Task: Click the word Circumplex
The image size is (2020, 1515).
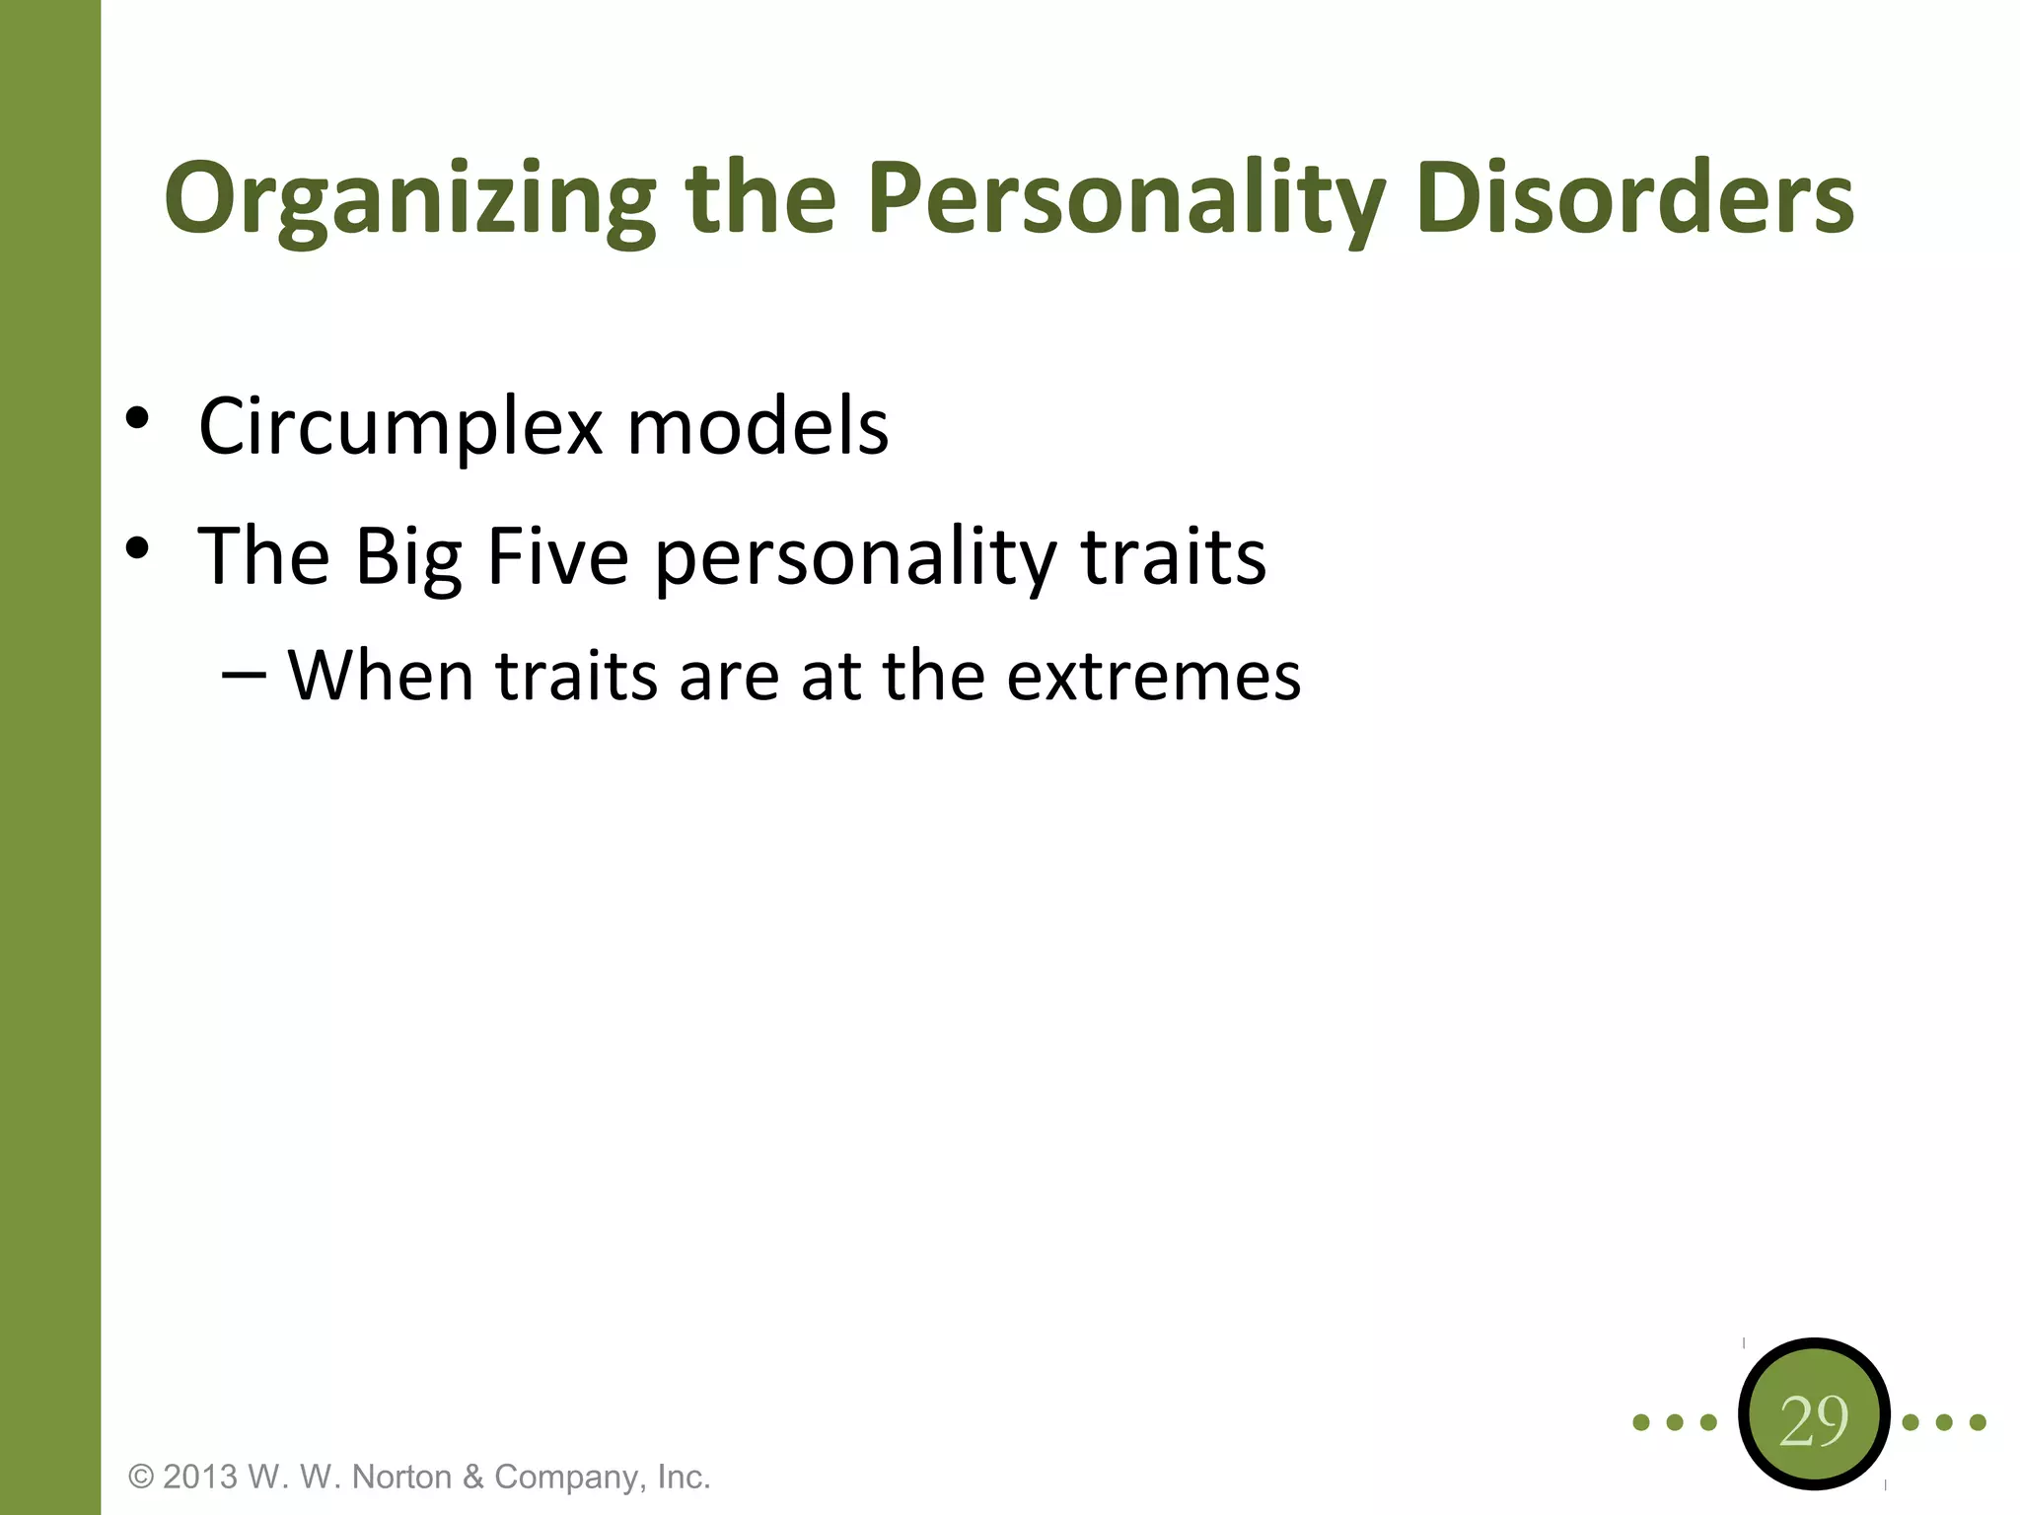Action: (400, 427)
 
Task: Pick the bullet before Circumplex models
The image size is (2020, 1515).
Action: (137, 418)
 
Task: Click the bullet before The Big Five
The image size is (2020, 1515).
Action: (137, 548)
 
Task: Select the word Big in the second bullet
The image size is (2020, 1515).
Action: (408, 558)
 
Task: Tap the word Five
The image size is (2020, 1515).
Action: (557, 556)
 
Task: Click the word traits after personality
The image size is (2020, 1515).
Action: (1173, 556)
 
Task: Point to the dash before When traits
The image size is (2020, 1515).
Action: (244, 675)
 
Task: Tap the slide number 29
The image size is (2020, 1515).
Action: (1813, 1421)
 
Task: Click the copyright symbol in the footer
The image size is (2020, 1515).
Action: (142, 1477)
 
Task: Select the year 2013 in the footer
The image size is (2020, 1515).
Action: (200, 1477)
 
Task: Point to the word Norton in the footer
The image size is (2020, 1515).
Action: (401, 1477)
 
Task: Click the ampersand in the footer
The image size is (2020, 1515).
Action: (473, 1477)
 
